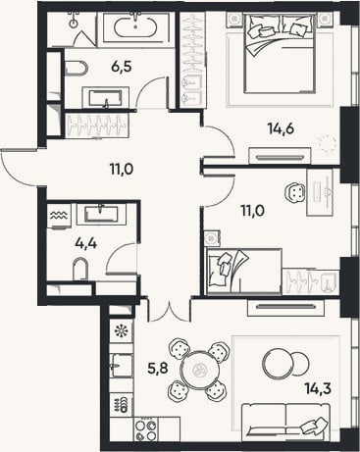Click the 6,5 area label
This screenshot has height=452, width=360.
(122, 67)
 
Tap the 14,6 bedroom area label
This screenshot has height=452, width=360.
(281, 128)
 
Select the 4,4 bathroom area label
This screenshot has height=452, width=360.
(86, 243)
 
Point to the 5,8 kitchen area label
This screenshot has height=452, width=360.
(158, 369)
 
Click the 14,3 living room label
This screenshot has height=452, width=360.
(318, 388)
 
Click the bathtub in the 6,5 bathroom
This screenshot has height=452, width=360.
(135, 27)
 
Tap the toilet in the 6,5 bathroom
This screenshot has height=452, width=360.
(77, 69)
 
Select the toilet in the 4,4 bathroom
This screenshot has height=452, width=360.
(80, 269)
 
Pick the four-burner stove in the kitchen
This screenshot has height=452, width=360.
(146, 430)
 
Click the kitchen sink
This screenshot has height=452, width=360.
(122, 365)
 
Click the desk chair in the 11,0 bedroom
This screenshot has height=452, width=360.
(295, 192)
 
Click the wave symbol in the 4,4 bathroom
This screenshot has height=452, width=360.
(59, 215)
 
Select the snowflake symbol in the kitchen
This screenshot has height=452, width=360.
(122, 331)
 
